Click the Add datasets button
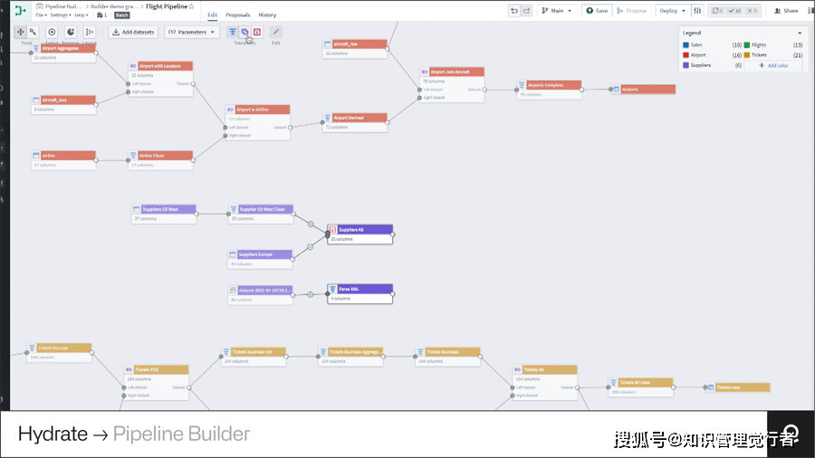click(x=132, y=32)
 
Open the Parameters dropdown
click(x=191, y=32)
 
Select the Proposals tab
click(x=238, y=15)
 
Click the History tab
click(x=267, y=15)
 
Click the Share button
click(x=786, y=11)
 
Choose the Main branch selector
click(x=558, y=11)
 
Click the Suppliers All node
click(x=360, y=230)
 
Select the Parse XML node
click(x=360, y=289)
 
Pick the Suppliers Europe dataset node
click(x=260, y=255)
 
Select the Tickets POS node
click(x=156, y=370)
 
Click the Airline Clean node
click(x=159, y=156)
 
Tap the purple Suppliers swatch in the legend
click(x=686, y=65)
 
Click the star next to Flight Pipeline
click(x=191, y=5)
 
